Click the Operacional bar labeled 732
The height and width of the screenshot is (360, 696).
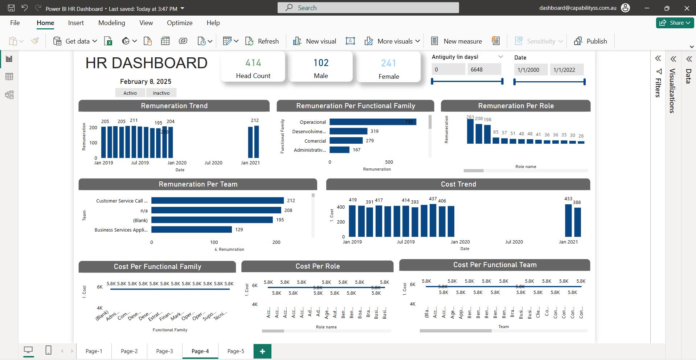pyautogui.click(x=373, y=122)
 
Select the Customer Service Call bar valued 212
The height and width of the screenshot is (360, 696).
pyautogui.click(x=217, y=201)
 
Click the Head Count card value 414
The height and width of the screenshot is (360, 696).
pyautogui.click(x=253, y=63)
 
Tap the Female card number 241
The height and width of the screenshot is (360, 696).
pyautogui.click(x=388, y=64)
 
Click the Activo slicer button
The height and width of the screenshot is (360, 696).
pyautogui.click(x=130, y=93)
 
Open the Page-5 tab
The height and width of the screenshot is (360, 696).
pyautogui.click(x=236, y=351)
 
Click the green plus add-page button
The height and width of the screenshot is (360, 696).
pyautogui.click(x=262, y=351)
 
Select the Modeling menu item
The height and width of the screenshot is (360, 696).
pyautogui.click(x=111, y=23)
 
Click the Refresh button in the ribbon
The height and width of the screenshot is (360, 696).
pyautogui.click(x=262, y=41)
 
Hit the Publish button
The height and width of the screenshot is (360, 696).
pyautogui.click(x=590, y=41)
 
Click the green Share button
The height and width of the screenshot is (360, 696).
pyautogui.click(x=675, y=23)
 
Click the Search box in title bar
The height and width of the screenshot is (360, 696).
pyautogui.click(x=368, y=8)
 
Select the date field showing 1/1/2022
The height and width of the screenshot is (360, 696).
pyautogui.click(x=566, y=70)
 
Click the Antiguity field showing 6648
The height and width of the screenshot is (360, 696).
pyautogui.click(x=484, y=69)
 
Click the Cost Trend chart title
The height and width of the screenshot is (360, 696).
pyautogui.click(x=458, y=184)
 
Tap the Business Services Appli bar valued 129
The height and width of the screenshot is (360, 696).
pyautogui.click(x=191, y=230)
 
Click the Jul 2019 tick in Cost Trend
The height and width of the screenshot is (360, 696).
pyautogui.click(x=405, y=242)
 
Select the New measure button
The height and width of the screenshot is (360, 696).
pyautogui.click(x=457, y=41)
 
